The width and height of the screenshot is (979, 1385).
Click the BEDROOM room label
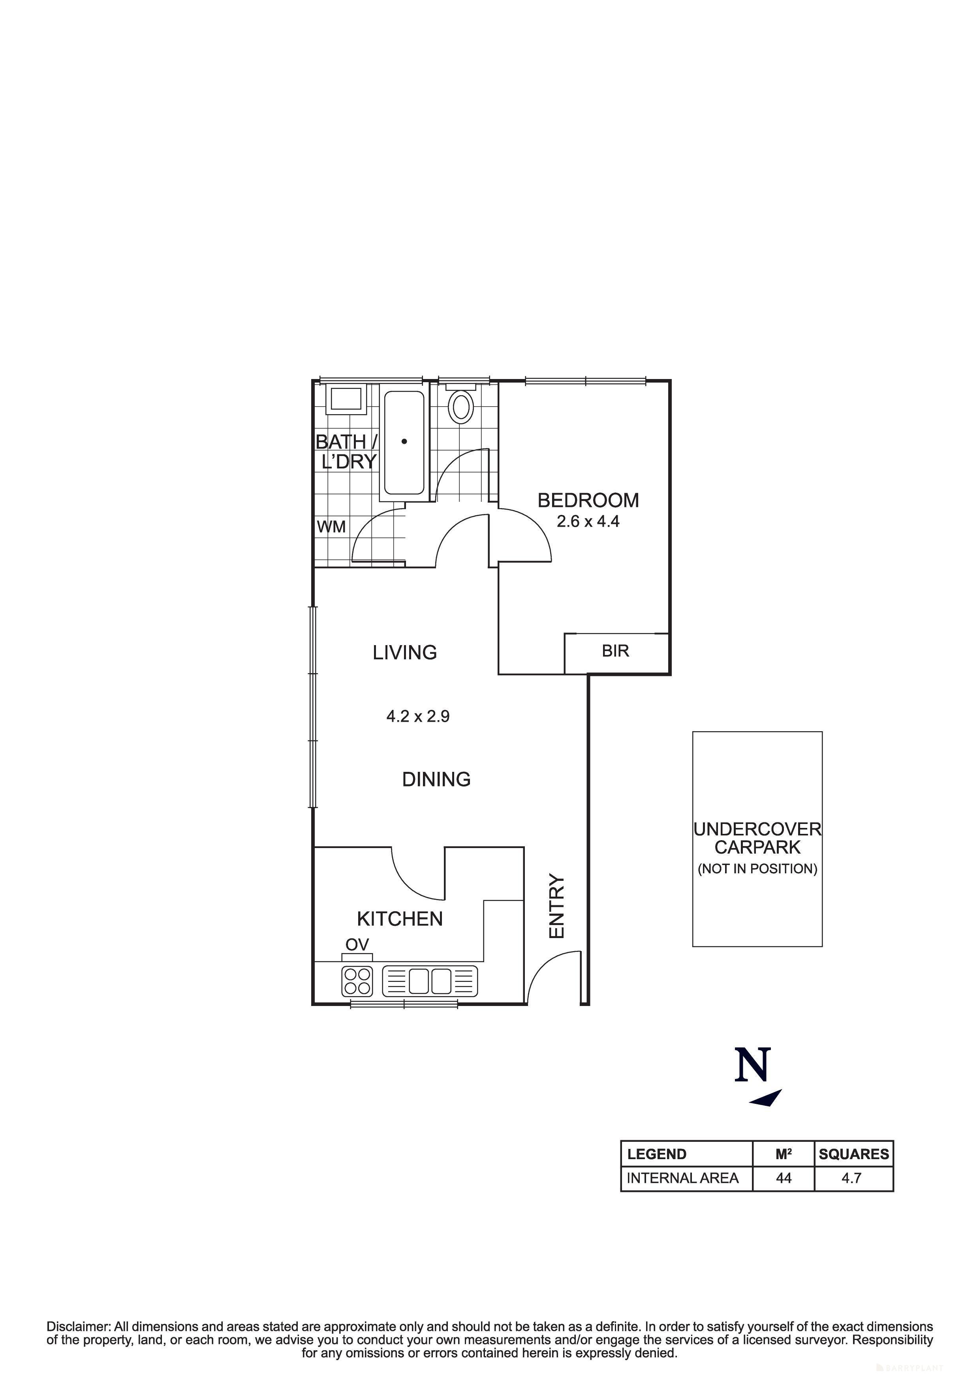tap(588, 500)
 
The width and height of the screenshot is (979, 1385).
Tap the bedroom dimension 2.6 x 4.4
tap(588, 521)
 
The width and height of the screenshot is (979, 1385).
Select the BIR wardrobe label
tap(615, 651)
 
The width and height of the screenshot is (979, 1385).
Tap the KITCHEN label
tap(400, 919)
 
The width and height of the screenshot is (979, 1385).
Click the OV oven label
tap(357, 945)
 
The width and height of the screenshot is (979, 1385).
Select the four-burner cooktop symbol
tap(357, 981)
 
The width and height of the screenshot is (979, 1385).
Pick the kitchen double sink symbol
tap(430, 981)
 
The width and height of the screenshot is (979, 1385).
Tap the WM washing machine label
tap(331, 527)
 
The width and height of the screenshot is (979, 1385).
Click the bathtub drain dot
tap(404, 441)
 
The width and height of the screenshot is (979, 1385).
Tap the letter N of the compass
tap(753, 1065)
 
